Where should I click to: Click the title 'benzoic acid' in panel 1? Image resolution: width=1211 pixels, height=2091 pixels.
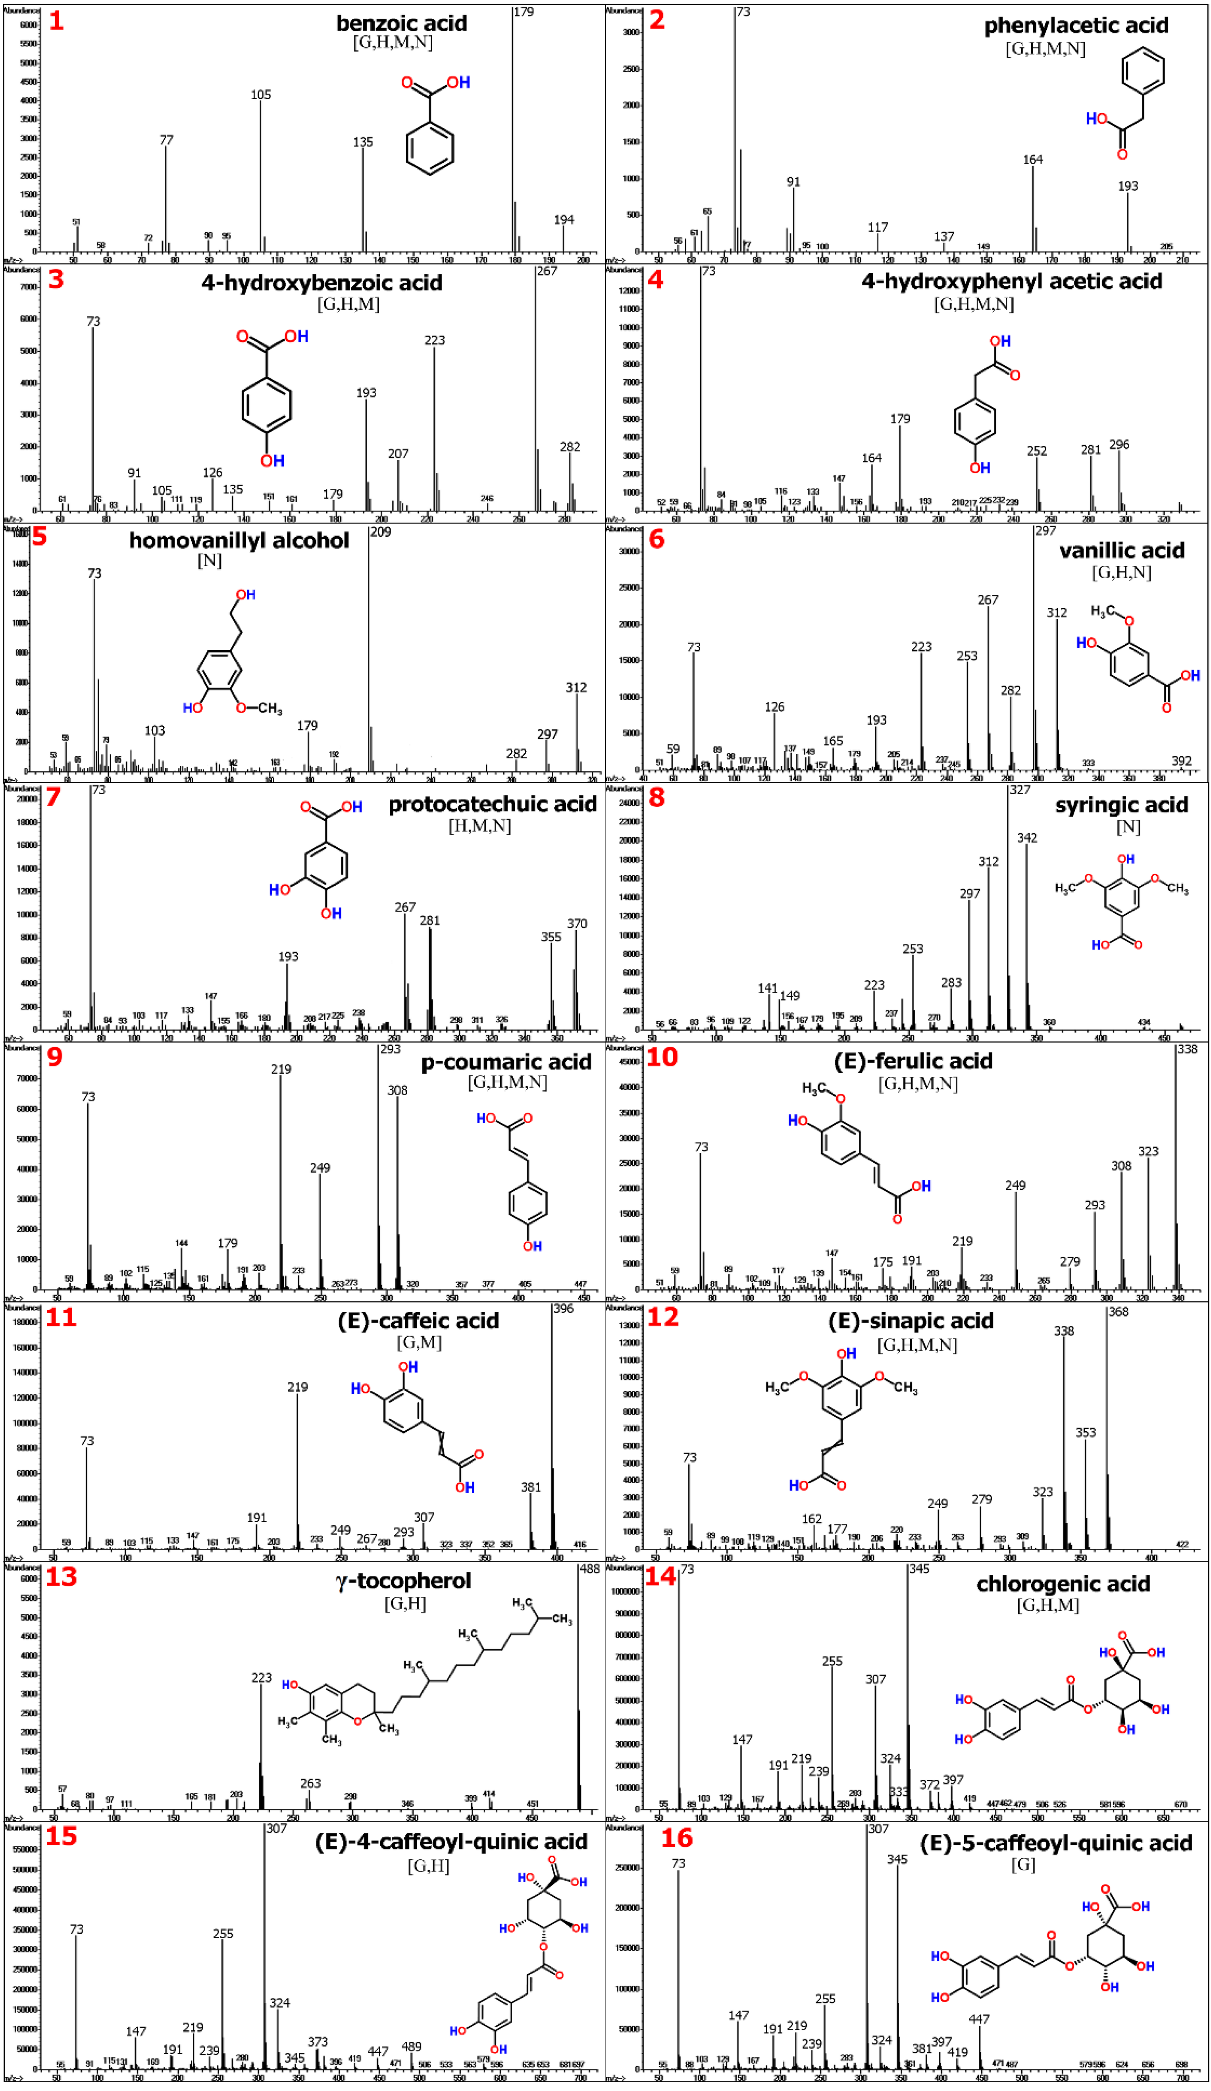point(401,23)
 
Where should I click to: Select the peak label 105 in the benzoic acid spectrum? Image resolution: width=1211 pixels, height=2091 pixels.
point(260,94)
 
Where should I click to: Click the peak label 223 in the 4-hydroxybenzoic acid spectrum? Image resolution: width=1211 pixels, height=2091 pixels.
point(434,340)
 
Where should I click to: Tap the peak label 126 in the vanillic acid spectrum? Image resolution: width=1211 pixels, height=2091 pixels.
point(774,707)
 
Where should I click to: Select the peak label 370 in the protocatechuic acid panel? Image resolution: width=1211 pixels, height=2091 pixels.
point(576,923)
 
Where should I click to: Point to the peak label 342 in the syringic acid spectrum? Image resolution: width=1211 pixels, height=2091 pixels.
point(1027,838)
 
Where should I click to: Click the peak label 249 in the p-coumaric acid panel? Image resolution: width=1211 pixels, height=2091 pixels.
point(320,1168)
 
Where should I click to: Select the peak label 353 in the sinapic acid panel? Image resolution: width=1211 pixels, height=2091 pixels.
point(1085,1432)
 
